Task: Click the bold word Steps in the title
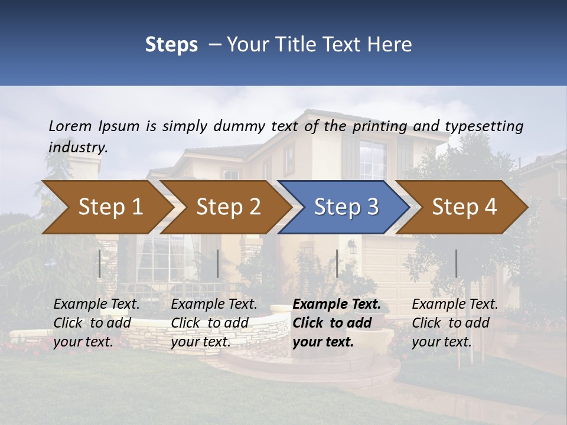(171, 45)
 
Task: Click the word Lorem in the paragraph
(70, 126)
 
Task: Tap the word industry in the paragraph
(78, 148)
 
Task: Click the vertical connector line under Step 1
(100, 263)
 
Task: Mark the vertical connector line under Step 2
(218, 263)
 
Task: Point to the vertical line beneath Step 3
(337, 263)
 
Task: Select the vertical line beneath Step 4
(456, 263)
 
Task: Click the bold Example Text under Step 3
(337, 305)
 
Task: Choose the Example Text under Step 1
(97, 305)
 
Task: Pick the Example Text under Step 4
(455, 305)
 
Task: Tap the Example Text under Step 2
(214, 305)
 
